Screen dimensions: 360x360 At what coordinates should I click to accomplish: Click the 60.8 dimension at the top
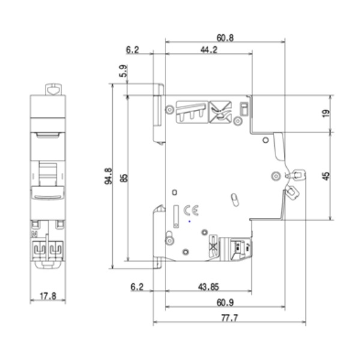225,37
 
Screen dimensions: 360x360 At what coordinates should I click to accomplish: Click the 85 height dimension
124,178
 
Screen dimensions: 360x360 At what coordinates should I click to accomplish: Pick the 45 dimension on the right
326,176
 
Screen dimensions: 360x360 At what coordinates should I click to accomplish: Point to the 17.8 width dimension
49,295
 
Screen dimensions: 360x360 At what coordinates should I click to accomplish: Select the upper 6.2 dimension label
133,50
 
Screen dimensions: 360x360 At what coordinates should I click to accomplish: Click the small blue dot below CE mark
190,221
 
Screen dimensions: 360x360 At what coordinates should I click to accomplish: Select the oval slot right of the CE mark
235,199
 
